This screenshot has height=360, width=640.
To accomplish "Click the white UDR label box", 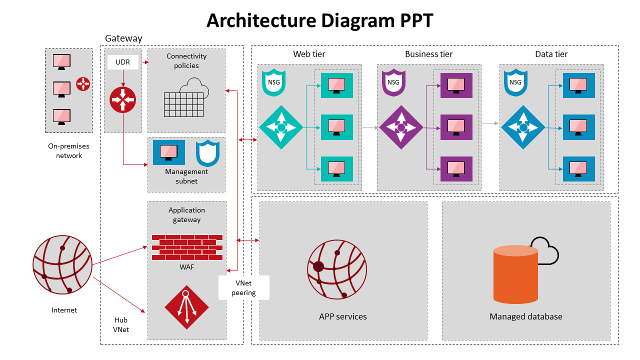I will tap(123, 62).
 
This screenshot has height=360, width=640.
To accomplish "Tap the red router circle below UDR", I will tap(122, 99).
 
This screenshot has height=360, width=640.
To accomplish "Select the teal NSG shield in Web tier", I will tap(274, 83).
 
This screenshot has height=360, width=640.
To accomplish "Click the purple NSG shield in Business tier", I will tap(393, 83).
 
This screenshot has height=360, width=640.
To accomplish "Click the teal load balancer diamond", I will tap(281, 127).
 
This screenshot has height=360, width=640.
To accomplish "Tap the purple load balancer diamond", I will tap(401, 127).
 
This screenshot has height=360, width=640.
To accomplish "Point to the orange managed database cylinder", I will tap(515, 274).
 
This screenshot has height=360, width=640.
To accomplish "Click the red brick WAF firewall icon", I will tap(187, 247).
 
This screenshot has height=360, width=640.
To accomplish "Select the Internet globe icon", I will tap(62, 264).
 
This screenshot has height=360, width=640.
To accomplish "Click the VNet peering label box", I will tap(244, 287).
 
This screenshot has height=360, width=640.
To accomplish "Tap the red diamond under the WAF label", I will tap(186, 306).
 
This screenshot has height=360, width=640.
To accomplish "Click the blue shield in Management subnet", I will tap(207, 153).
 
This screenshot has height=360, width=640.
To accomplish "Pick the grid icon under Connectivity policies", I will tap(184, 104).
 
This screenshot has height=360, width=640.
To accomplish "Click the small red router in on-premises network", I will tap(83, 84).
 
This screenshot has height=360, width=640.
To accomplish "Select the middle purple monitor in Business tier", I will tap(456, 127).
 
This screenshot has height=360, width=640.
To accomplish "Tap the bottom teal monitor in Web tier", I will tap(337, 169).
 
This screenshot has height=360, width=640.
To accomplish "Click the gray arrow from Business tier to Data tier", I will tap(490, 123).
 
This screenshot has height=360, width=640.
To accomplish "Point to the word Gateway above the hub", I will tap(123, 38).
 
